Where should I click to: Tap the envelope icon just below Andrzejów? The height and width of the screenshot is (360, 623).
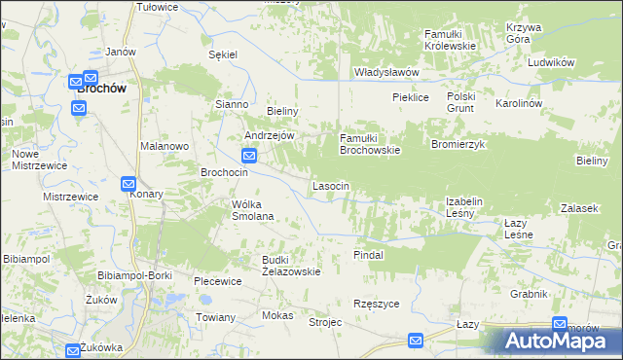pyautogui.click(x=249, y=155)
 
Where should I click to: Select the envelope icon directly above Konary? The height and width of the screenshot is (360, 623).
pyautogui.click(x=128, y=183)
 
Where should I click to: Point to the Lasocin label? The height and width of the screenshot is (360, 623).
pyautogui.click(x=331, y=185)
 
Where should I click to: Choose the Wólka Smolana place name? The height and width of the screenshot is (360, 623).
pyautogui.click(x=252, y=210)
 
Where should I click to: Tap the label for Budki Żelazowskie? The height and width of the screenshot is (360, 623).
pyautogui.click(x=291, y=266)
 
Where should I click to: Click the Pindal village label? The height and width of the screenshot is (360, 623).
pyautogui.click(x=369, y=254)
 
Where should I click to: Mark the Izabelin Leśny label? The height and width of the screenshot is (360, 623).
pyautogui.click(x=464, y=207)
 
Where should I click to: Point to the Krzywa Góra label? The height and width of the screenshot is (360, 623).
pyautogui.click(x=524, y=34)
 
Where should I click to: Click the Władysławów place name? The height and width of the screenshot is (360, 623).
pyautogui.click(x=386, y=72)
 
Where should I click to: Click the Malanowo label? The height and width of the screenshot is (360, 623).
pyautogui.click(x=164, y=145)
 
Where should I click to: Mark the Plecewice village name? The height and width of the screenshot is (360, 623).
pyautogui.click(x=217, y=281)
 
